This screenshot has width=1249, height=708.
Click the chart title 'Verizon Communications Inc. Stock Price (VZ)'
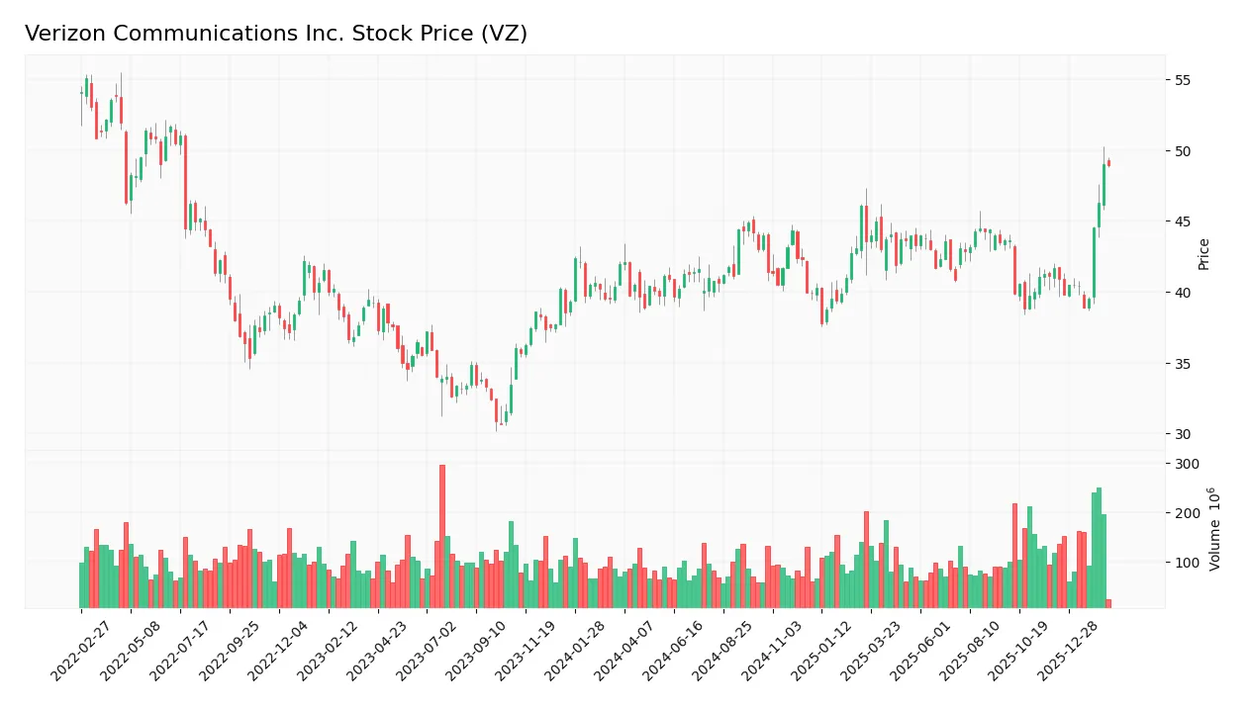tap(276, 34)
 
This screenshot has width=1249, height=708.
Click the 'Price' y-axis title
tap(1204, 254)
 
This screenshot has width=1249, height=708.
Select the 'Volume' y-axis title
tap(1214, 529)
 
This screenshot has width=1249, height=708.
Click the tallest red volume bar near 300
tap(442, 536)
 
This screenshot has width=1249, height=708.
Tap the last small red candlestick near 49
tap(1108, 163)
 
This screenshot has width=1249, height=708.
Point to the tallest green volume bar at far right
tap(1099, 548)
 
